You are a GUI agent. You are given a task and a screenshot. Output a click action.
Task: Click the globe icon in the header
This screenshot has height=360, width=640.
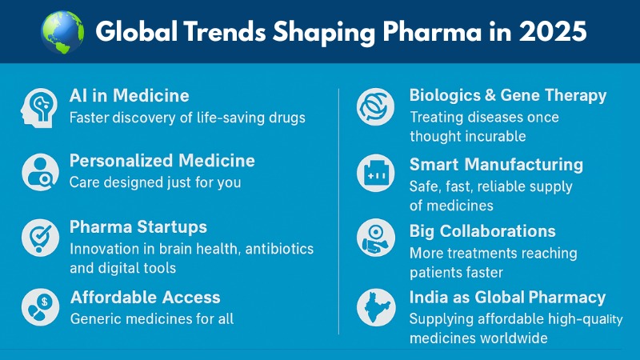(x=62, y=33)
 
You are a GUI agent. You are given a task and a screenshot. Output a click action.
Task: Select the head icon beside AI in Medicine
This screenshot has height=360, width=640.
(x=39, y=108)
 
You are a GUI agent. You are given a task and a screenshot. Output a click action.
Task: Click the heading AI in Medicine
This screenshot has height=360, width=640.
(x=129, y=96)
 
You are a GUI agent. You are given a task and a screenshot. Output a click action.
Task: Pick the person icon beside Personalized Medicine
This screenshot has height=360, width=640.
(x=41, y=172)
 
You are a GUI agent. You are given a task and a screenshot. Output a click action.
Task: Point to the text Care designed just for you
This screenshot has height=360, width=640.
(x=155, y=182)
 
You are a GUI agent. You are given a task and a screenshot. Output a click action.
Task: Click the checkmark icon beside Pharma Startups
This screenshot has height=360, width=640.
(x=41, y=238)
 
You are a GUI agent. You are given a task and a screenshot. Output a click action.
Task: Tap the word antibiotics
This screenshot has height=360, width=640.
(x=279, y=249)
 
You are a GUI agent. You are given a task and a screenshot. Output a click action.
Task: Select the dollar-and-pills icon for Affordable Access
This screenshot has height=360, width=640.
(x=41, y=307)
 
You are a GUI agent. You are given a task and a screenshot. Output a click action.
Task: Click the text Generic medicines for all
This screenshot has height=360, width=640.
(x=152, y=318)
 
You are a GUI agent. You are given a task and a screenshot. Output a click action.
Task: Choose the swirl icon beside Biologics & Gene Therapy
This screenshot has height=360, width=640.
(x=375, y=107)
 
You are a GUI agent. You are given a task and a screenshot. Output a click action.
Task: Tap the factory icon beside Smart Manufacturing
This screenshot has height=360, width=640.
(x=375, y=173)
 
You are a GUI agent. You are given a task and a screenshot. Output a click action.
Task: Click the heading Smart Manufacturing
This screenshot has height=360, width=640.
(x=496, y=165)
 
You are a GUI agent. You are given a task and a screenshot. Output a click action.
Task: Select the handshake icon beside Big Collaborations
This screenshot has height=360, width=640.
(x=375, y=238)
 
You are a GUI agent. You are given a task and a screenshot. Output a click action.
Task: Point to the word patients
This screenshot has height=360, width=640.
(x=435, y=273)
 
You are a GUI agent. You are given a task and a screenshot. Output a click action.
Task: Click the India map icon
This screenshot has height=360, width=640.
(x=375, y=307)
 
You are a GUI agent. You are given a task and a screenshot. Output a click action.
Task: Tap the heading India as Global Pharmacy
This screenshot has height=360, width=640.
(x=507, y=297)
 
